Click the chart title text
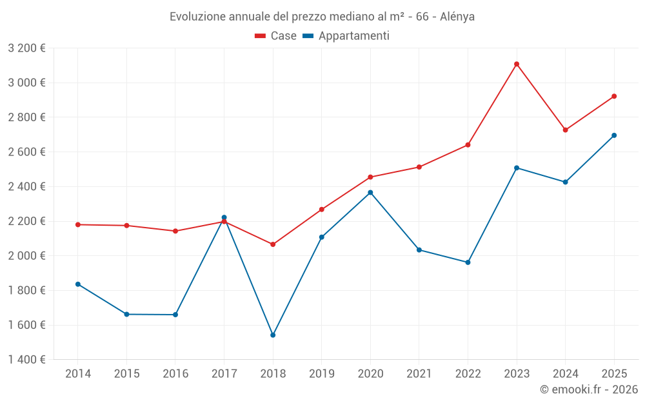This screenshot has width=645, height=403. [x=322, y=17]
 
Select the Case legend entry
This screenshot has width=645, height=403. [x=275, y=36]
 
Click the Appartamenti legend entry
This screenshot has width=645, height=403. [x=346, y=36]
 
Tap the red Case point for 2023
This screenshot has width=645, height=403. [x=517, y=64]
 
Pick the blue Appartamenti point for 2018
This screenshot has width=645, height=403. [x=273, y=335]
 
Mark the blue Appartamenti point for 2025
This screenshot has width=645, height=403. [x=614, y=135]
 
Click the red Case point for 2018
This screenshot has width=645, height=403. [x=273, y=244]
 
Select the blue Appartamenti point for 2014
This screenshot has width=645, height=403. [x=78, y=284]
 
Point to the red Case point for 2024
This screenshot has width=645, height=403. [x=566, y=130]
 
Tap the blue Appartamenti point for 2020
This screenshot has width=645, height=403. [x=370, y=192]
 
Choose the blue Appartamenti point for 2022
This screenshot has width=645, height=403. [x=468, y=262]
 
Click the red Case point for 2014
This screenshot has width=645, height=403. [x=78, y=224]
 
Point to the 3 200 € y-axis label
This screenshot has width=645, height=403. [x=26, y=48]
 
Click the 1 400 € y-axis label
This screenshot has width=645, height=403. [x=26, y=360]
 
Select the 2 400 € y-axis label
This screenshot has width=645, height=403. [x=26, y=186]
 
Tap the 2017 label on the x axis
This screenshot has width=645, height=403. [x=224, y=374]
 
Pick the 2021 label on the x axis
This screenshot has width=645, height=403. [x=419, y=374]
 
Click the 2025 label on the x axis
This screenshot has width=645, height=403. [x=614, y=374]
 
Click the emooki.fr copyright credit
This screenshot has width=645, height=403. [x=588, y=389]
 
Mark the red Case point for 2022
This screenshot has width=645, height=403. [x=468, y=145]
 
